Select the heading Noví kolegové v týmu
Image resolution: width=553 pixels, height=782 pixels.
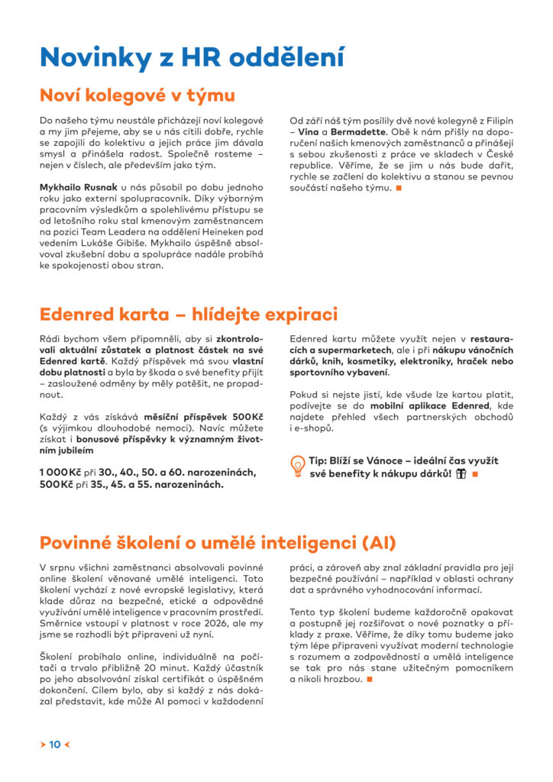[137, 95]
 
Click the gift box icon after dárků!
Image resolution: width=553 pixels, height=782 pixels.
[461, 474]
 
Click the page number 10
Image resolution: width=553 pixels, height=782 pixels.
[55, 744]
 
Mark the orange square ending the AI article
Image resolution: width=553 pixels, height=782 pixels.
[369, 680]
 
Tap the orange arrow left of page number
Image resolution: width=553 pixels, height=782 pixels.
[43, 744]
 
